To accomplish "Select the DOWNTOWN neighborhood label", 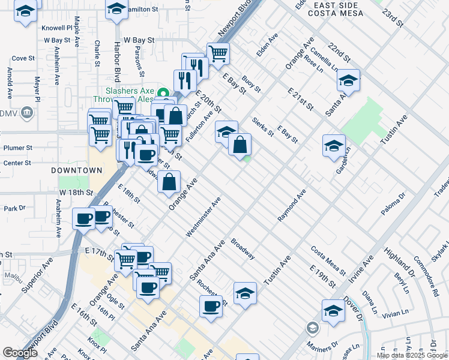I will click(x=76, y=170).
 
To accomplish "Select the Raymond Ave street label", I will click(x=292, y=206).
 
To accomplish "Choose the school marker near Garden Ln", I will click(x=334, y=146).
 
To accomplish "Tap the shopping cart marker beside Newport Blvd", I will click(x=218, y=53).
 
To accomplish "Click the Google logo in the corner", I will click(x=20, y=353).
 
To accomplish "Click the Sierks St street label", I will click(x=263, y=127).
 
